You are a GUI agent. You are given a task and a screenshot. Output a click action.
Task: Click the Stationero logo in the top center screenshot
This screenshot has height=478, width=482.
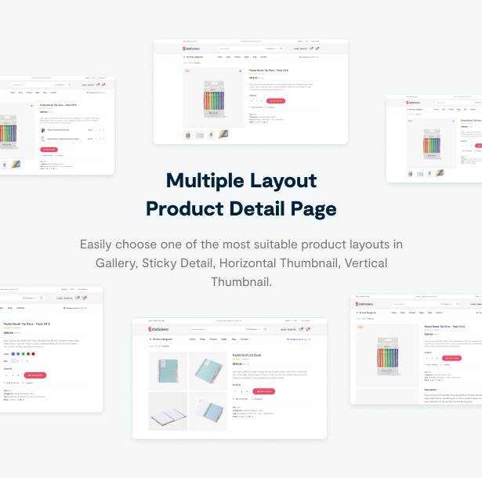click(193, 49)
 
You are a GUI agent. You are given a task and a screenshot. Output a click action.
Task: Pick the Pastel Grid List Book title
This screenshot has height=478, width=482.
click(248, 354)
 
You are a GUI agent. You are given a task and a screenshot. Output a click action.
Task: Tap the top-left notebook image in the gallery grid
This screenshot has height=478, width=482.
click(167, 370)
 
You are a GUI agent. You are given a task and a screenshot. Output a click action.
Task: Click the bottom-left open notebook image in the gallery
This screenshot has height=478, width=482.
click(167, 411)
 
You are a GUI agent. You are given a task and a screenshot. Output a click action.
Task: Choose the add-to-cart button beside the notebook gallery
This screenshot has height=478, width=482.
click(263, 391)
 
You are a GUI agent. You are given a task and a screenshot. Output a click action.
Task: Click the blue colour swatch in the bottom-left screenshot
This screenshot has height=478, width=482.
click(13, 353)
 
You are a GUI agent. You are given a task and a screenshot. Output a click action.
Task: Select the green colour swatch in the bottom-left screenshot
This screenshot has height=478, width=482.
click(25, 353)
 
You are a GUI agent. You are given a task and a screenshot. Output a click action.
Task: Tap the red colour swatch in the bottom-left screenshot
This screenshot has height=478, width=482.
click(31, 353)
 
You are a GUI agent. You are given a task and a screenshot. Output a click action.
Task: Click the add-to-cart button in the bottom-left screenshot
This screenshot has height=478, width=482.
click(34, 375)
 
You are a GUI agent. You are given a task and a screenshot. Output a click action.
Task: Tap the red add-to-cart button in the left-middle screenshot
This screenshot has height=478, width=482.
click(49, 149)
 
